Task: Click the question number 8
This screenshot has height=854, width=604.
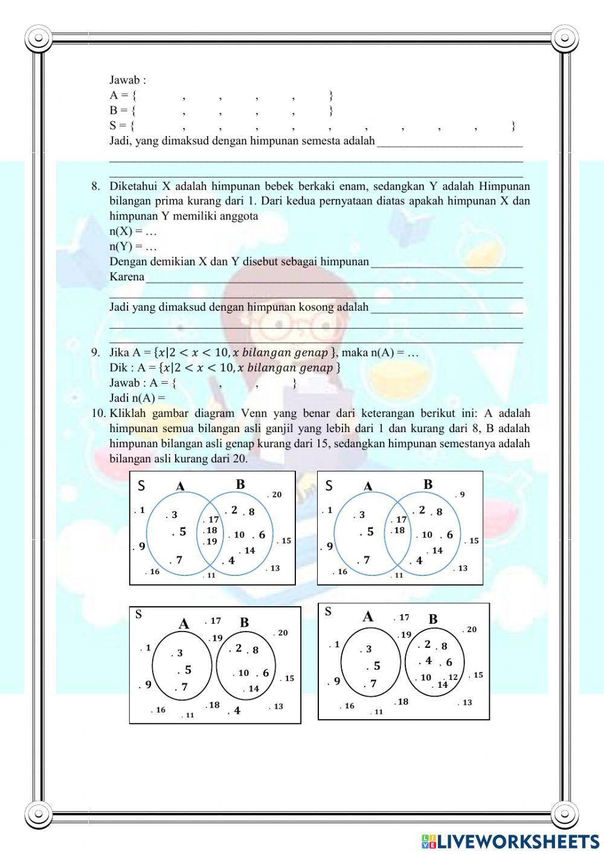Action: tap(95, 186)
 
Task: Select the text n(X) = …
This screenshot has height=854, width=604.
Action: tap(133, 231)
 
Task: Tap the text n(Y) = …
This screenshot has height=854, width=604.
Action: tap(133, 247)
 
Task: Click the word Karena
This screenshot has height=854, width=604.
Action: tap(127, 277)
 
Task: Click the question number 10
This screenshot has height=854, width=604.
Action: tap(98, 413)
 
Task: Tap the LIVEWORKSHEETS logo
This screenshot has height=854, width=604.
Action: tap(510, 841)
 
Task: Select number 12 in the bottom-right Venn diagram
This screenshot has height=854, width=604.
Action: tap(453, 677)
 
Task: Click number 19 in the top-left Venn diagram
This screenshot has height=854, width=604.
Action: tap(211, 542)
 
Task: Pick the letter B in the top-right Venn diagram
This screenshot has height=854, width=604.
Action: tap(428, 484)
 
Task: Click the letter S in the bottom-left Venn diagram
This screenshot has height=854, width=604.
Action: tap(138, 615)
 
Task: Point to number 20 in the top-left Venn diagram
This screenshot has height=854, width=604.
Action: tap(276, 494)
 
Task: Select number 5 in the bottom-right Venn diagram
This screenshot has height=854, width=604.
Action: tap(376, 666)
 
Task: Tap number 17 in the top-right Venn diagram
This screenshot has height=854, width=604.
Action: tap(401, 519)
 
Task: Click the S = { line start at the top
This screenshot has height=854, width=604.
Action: tap(121, 126)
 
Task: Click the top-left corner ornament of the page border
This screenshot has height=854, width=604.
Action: tap(39, 38)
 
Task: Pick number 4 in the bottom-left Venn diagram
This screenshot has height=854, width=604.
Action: tap(237, 711)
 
